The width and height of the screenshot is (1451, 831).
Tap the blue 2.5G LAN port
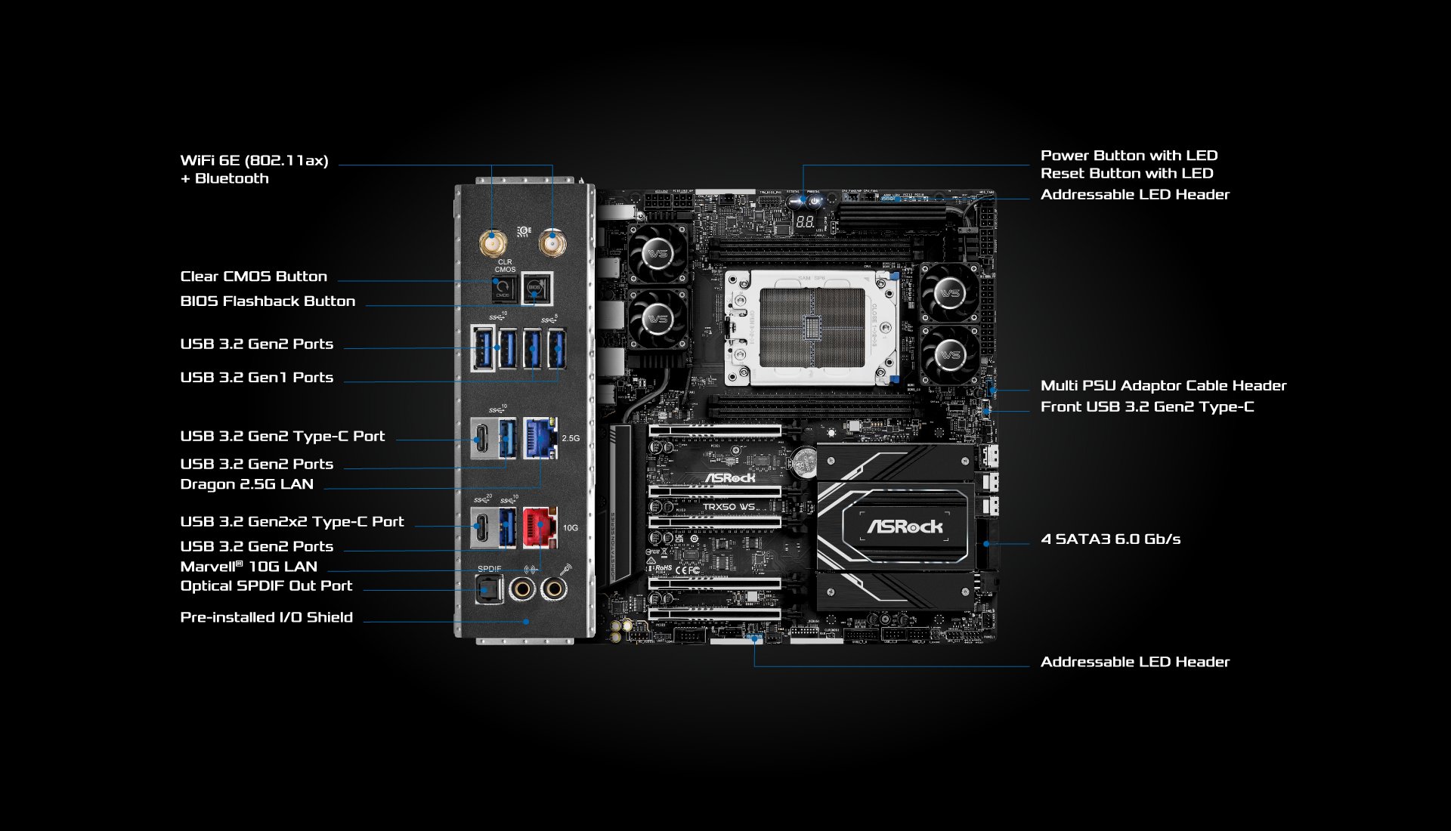pyautogui.click(x=540, y=437)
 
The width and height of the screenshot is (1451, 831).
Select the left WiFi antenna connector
pyautogui.click(x=493, y=243)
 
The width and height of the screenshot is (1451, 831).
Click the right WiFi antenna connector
pyautogui.click(x=552, y=243)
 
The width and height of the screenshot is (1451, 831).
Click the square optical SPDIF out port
pyautogui.click(x=488, y=588)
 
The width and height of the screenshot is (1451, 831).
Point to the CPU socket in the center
pyautogui.click(x=812, y=327)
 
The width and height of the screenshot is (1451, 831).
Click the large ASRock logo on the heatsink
pyautogui.click(x=905, y=527)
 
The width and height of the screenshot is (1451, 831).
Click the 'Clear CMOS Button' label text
pyautogui.click(x=253, y=276)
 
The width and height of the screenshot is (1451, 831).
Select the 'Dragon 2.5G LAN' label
pyautogui.click(x=246, y=484)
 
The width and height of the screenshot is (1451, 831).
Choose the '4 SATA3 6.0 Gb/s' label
pyautogui.click(x=1110, y=539)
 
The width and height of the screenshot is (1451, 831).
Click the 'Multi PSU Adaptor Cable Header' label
pyautogui.click(x=1163, y=386)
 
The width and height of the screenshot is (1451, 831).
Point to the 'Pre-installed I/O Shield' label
pyautogui.click(x=266, y=617)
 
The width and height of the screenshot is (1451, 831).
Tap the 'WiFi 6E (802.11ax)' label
pyautogui.click(x=254, y=160)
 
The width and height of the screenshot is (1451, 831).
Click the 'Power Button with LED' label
pyautogui.click(x=1129, y=156)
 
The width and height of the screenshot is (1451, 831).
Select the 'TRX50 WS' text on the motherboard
pyautogui.click(x=729, y=507)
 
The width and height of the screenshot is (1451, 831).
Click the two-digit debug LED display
pyautogui.click(x=805, y=222)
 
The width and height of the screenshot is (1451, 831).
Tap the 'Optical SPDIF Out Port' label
pyautogui.click(x=266, y=585)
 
